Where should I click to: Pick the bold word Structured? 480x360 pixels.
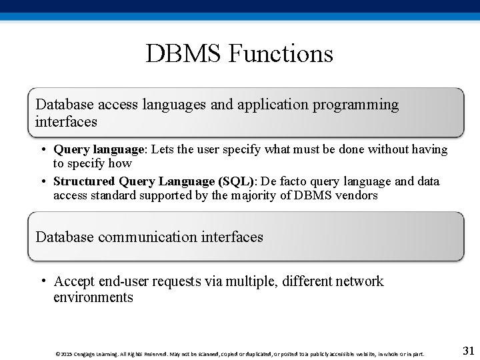click(x=84, y=181)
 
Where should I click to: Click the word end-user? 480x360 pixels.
click(x=121, y=281)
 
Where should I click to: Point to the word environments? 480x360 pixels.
click(x=93, y=297)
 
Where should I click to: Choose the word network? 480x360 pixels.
click(x=360, y=281)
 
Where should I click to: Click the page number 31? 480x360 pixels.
click(x=468, y=351)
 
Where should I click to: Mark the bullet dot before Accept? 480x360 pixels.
click(x=42, y=280)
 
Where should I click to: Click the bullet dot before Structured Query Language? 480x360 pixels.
click(x=42, y=181)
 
